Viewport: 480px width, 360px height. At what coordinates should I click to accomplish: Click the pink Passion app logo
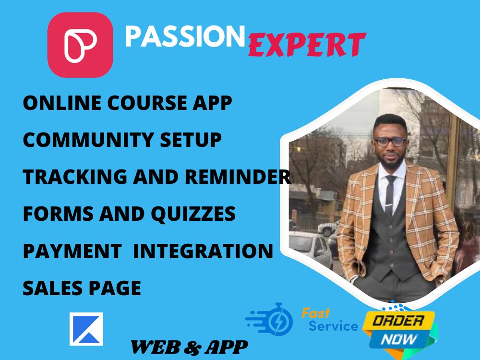pos(80,45)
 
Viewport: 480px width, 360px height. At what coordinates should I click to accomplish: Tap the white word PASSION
pos(185,36)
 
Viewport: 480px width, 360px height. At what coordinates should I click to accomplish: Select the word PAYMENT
pos(72,250)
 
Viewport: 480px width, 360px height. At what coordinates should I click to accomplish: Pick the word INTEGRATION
pos(202,250)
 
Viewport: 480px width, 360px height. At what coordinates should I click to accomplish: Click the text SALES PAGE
pos(82,287)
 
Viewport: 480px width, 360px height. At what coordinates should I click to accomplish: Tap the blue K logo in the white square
pos(86,329)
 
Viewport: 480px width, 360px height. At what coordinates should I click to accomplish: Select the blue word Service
pos(333,327)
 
